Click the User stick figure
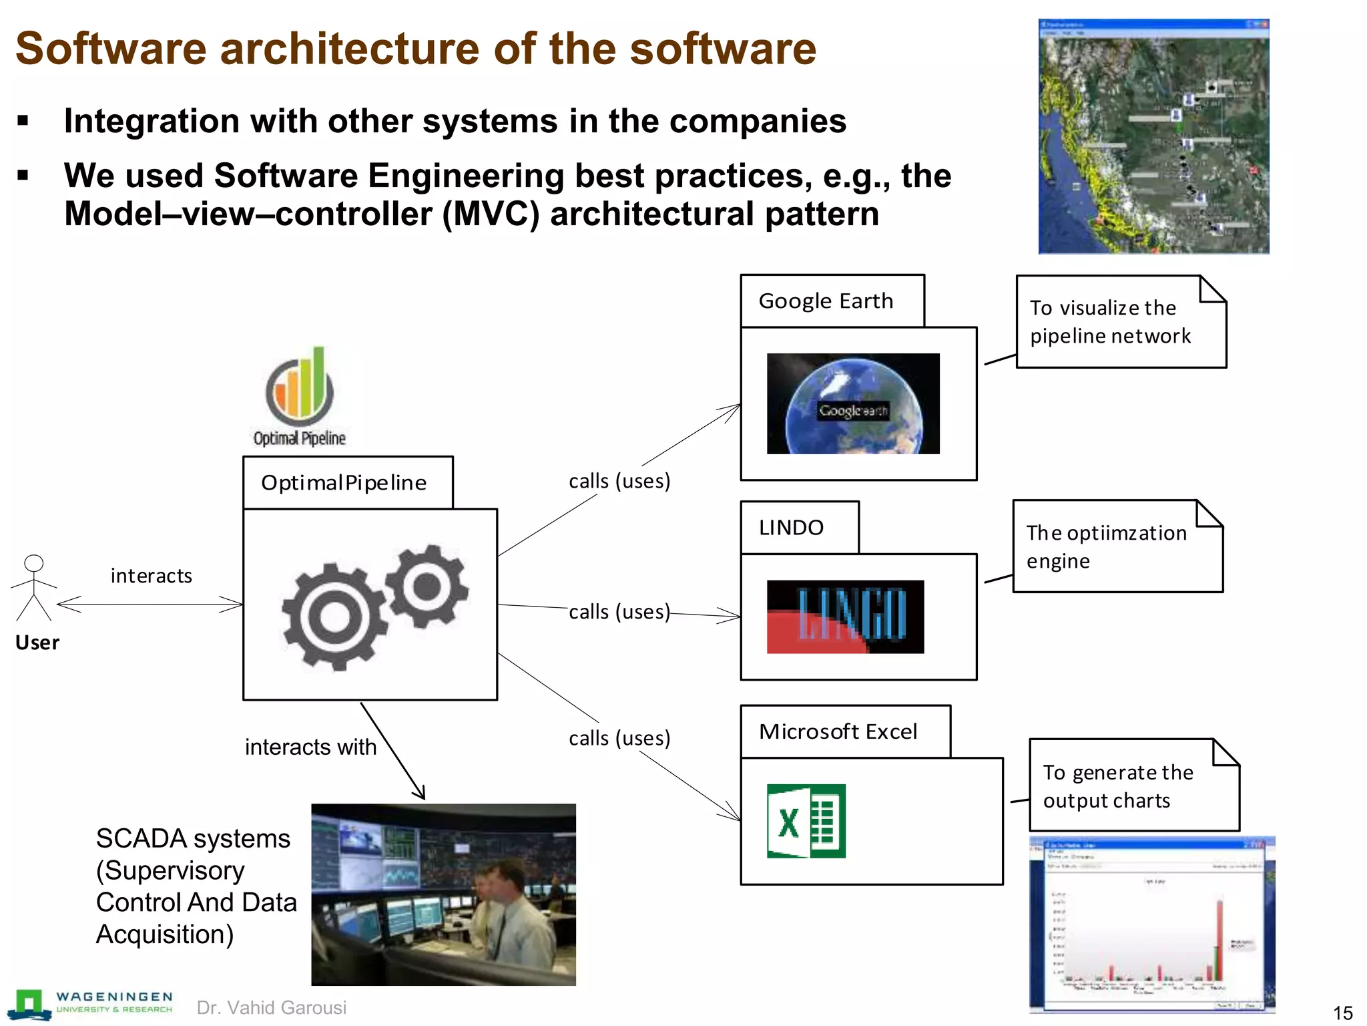tap(33, 588)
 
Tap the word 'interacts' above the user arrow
tap(151, 576)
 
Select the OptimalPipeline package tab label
tap(344, 482)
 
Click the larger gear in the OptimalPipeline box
tap(333, 616)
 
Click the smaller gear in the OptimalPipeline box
tap(427, 586)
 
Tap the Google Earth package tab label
tap(826, 301)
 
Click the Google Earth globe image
tap(853, 404)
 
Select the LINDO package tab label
tap(791, 528)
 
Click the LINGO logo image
tap(845, 617)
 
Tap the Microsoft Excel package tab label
tap(838, 731)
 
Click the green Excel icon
tap(806, 821)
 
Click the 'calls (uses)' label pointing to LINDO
tap(619, 612)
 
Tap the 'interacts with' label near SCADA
tap(310, 747)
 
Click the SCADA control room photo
tap(443, 894)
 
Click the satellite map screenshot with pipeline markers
tap(1153, 137)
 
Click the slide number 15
tap(1342, 1013)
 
